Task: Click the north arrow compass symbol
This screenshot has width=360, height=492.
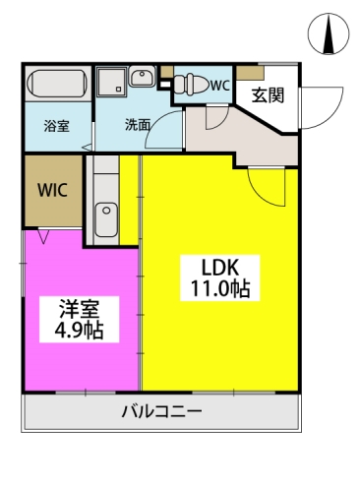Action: [329, 33]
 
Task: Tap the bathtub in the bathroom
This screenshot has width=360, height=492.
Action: [57, 83]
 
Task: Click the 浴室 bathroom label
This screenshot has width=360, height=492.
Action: [57, 126]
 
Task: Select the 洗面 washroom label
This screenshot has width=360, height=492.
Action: [138, 125]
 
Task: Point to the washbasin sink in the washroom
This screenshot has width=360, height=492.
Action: [142, 76]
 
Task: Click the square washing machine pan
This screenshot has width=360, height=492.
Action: [111, 82]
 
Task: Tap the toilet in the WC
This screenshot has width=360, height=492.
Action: [191, 84]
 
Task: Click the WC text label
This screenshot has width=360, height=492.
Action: [219, 86]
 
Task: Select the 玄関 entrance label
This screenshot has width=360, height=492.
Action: [268, 95]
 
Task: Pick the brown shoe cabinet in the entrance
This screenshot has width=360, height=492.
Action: [251, 73]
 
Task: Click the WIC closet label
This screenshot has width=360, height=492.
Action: [52, 190]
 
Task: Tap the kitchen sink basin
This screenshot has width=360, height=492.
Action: [106, 219]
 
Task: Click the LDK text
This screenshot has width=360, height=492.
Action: [220, 268]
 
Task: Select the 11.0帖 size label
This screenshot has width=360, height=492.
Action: [220, 288]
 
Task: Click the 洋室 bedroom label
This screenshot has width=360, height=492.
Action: [80, 309]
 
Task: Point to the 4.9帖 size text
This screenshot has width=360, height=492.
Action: [79, 330]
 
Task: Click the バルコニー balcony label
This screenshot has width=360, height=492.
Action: [161, 411]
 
